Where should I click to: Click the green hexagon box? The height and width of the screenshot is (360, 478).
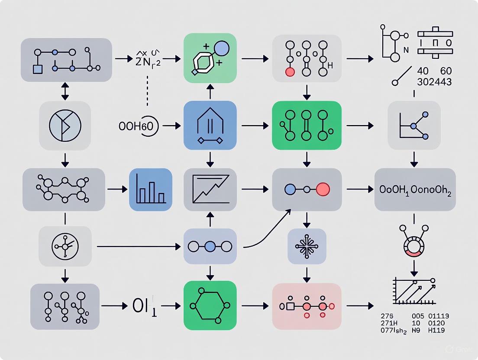tap(210, 306)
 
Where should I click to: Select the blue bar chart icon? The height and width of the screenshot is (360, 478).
tap(151, 190)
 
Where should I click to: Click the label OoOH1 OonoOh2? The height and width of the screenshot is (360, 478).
tap(415, 190)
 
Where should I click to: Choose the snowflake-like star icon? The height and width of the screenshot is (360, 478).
tap(307, 246)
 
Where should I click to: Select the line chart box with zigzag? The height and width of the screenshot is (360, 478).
tap(210, 190)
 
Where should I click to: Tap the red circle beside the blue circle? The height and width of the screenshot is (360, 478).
tap(323, 189)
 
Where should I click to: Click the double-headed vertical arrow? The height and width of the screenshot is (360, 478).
tap(65, 91)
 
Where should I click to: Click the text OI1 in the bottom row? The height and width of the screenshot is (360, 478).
tap(144, 306)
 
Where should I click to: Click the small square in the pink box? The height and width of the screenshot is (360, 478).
tap(291, 306)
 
